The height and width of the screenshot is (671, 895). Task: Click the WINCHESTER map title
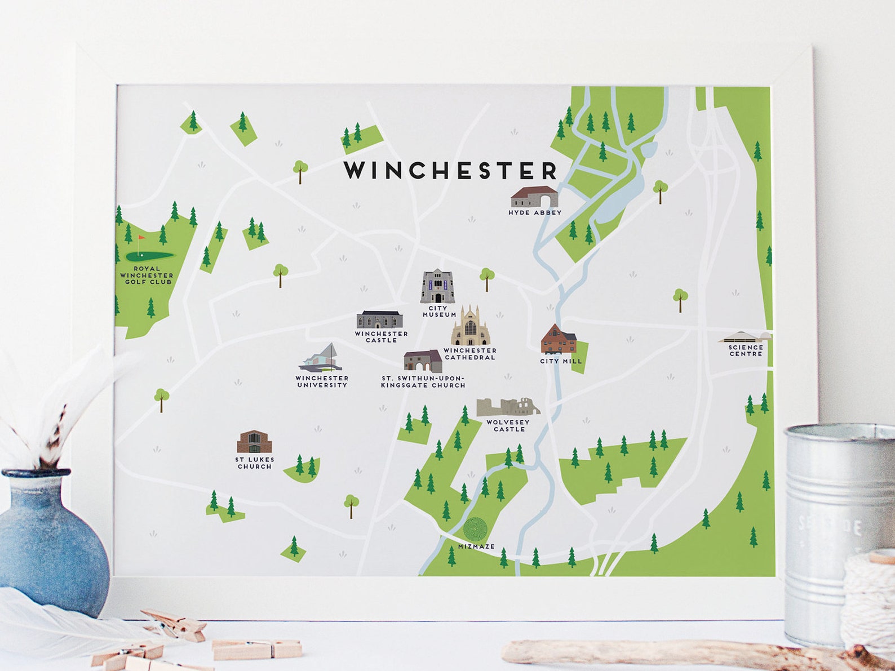click(x=450, y=170)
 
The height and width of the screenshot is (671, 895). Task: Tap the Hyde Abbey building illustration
click(x=534, y=197)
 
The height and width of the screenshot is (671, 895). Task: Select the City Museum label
click(x=439, y=312)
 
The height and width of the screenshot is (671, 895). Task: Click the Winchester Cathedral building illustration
click(x=470, y=327)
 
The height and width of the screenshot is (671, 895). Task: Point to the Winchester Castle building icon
click(x=380, y=319)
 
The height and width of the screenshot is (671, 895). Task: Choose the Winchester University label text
click(x=322, y=381)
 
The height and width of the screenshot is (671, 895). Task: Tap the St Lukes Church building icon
click(x=254, y=442)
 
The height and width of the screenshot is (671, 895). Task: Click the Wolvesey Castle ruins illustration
click(x=507, y=407)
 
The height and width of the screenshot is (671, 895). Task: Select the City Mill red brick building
click(x=559, y=339)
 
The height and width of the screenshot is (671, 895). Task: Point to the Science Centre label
click(x=745, y=350)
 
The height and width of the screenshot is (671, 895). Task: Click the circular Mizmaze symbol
click(x=475, y=528)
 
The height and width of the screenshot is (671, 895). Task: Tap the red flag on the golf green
click(x=140, y=239)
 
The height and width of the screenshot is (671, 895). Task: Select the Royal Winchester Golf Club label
click(x=147, y=275)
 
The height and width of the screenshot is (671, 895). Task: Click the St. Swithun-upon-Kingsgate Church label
click(x=423, y=381)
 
